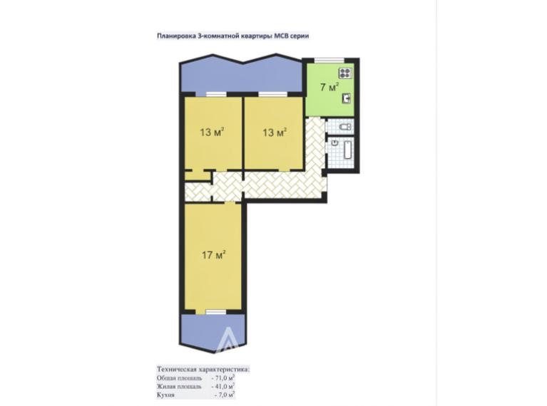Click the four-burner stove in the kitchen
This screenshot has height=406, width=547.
(x=345, y=73)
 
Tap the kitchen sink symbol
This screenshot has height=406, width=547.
(x=347, y=99)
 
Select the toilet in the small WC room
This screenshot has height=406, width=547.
(x=345, y=126)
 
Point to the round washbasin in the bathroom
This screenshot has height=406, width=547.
(x=335, y=142)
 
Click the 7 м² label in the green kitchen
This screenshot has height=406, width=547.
(x=329, y=87)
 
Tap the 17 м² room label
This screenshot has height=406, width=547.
(x=213, y=255)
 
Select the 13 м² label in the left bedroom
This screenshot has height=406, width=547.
(x=212, y=132)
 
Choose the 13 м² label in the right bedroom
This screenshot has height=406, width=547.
(x=275, y=132)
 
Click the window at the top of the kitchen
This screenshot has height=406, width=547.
(x=329, y=60)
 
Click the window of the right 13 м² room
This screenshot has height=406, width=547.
(x=273, y=94)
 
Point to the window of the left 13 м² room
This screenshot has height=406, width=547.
(x=216, y=94)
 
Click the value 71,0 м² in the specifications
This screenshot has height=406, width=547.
(x=223, y=378)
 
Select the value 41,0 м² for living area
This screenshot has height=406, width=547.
(x=223, y=386)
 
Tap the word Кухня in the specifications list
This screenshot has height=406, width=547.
(x=165, y=395)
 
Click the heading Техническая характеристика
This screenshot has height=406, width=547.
(x=203, y=369)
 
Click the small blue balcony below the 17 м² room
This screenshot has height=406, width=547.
(x=213, y=332)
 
